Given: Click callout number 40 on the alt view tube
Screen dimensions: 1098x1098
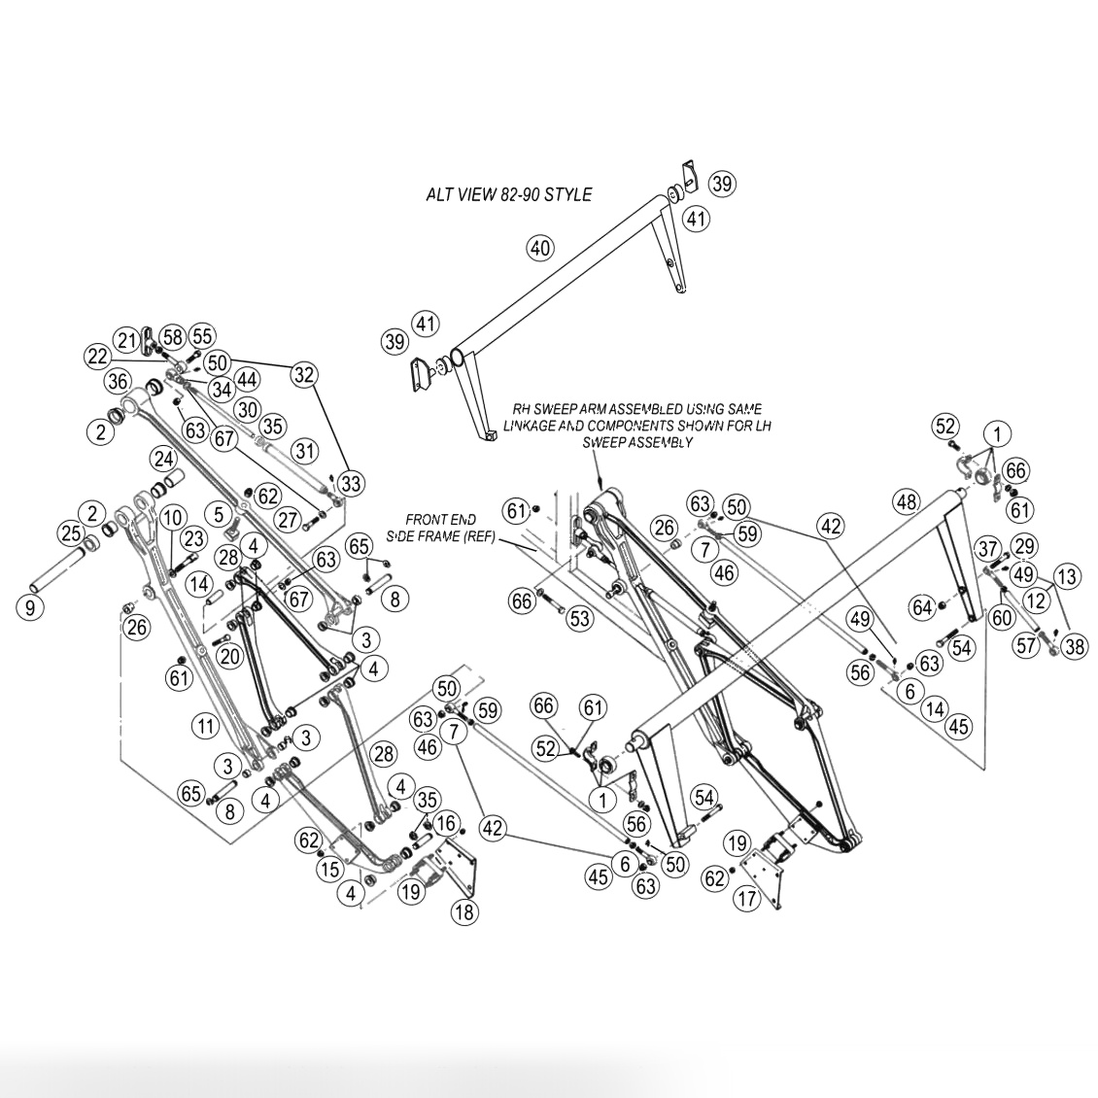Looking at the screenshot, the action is coord(540,248).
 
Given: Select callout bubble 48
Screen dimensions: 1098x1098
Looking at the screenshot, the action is coord(907,501).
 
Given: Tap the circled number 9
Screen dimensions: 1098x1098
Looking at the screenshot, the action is coord(29,606).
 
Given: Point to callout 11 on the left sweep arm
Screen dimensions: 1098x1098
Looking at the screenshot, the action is coord(204,726).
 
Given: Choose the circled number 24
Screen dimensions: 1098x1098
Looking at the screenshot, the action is coord(164,460).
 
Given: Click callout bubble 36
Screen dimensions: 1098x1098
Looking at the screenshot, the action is coord(118,381).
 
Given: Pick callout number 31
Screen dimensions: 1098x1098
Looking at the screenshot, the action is coord(305,450).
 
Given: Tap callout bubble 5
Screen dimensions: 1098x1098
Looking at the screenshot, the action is coord(220,515).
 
